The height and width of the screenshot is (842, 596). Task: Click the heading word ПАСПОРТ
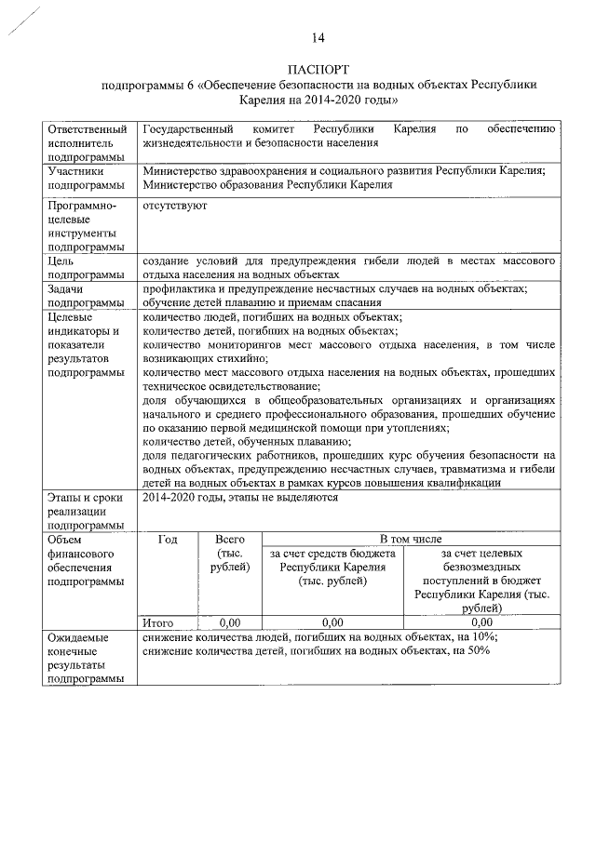tap(318, 70)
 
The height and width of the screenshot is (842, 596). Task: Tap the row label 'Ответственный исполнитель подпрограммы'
tap(87, 143)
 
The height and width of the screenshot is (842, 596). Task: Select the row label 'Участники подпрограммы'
tap(87, 178)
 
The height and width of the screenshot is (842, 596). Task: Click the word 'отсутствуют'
tap(175, 205)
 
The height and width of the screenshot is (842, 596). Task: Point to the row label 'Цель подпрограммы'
tap(87, 268)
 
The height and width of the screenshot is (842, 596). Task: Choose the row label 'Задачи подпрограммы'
tap(87, 296)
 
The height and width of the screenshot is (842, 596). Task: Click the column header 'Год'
tap(169, 539)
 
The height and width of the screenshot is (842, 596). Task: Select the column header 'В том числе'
tap(411, 539)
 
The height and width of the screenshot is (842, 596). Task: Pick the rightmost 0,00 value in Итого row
tap(481, 622)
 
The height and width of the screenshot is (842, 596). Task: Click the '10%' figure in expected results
tap(484, 637)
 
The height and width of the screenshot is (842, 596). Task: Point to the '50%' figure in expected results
tap(478, 651)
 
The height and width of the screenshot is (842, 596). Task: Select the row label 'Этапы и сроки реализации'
tap(87, 511)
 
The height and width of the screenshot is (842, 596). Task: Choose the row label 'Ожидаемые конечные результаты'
tap(87, 658)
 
